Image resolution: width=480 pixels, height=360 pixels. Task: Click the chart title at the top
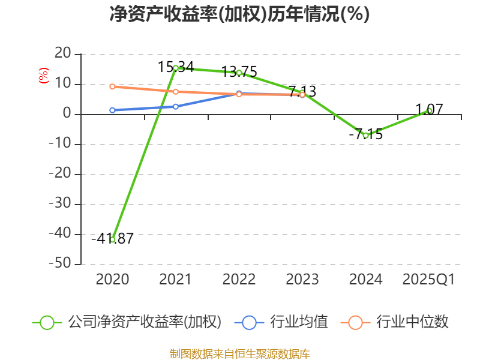coord(239,14)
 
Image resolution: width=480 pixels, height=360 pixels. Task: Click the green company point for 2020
coord(112,239)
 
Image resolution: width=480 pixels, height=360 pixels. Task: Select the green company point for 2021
coord(175,68)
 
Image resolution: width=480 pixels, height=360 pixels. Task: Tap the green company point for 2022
coord(239,73)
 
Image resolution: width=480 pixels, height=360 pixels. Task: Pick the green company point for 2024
coord(365,135)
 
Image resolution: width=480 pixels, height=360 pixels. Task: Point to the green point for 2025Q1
coord(429,110)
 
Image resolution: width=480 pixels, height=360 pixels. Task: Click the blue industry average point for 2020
coord(112,110)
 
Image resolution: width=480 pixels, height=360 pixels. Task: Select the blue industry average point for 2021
coord(175,106)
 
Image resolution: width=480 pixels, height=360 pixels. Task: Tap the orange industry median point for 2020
coord(112,86)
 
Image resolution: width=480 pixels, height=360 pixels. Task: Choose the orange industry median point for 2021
coord(175,92)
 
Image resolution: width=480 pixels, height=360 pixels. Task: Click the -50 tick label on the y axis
coord(62,264)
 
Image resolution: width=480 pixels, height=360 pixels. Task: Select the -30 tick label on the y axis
coord(62,205)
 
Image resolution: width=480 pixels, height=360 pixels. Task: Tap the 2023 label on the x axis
coord(302,280)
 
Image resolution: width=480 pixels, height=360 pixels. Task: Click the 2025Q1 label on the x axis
coord(429,280)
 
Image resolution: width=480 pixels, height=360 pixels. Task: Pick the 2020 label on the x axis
coord(112,280)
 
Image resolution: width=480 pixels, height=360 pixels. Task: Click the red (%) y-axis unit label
coord(43,76)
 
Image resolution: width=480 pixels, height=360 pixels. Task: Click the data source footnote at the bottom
coord(239,353)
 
